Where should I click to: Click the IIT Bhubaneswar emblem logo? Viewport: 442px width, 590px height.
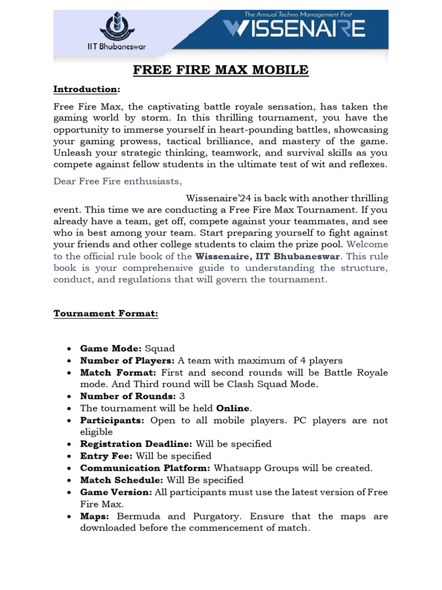click(x=119, y=27)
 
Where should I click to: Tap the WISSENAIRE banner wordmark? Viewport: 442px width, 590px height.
click(x=294, y=29)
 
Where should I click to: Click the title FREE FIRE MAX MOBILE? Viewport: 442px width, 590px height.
click(x=221, y=70)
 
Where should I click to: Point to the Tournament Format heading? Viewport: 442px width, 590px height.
click(x=106, y=313)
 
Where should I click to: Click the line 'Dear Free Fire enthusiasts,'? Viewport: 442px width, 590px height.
click(x=117, y=181)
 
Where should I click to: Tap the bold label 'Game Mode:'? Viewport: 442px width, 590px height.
click(x=111, y=349)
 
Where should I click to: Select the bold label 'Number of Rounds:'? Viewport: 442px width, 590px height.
click(x=128, y=396)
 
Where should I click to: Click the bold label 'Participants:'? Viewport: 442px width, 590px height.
click(x=112, y=421)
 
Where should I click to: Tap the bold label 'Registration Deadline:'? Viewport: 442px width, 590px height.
click(x=136, y=444)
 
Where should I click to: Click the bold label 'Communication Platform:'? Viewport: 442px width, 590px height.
click(x=145, y=468)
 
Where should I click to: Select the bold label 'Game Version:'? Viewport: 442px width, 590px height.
click(x=116, y=492)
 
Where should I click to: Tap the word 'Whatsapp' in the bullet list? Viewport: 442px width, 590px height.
click(x=236, y=468)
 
